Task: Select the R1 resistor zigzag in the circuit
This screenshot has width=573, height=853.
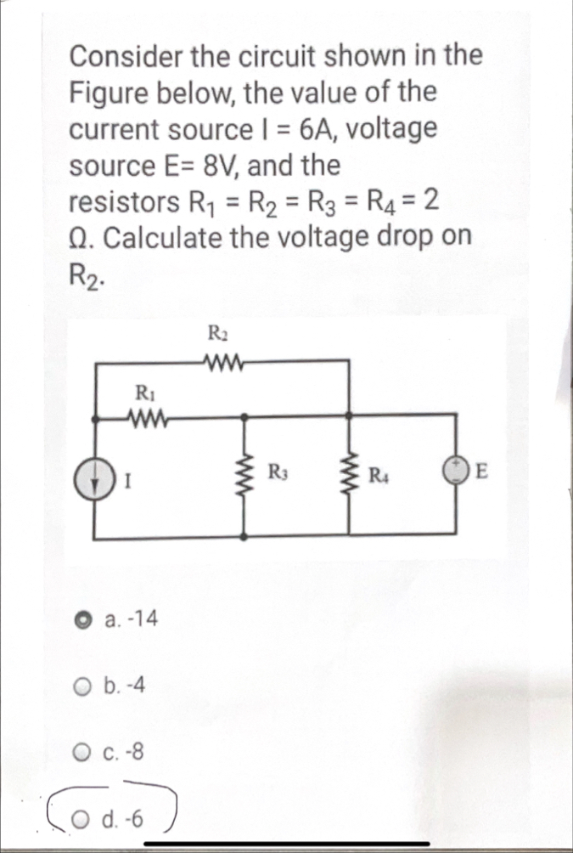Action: [x=143, y=417]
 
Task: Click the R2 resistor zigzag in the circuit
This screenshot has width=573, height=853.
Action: [x=223, y=360]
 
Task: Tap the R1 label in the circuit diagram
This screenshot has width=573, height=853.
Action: [x=143, y=392]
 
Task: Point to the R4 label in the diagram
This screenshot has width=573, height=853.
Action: [x=378, y=472]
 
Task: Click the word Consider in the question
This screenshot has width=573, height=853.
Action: [x=126, y=57]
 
